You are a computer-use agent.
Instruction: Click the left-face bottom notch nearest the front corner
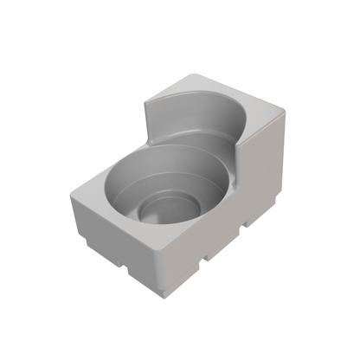(x=130, y=271)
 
